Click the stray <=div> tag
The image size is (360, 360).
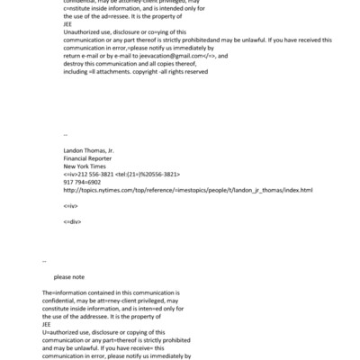[x=72, y=220]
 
